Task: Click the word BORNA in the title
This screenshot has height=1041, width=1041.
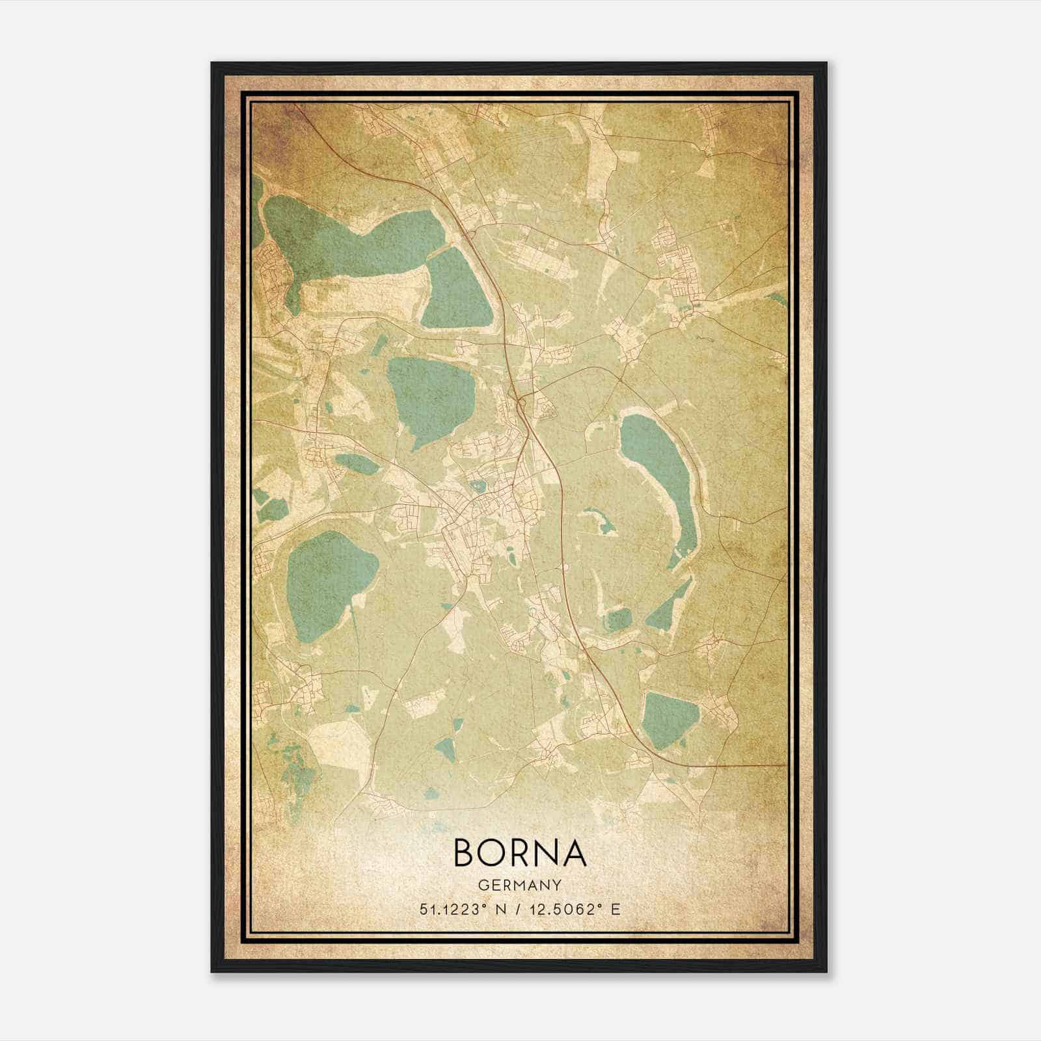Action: [519, 853]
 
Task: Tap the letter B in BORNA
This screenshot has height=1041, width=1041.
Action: [466, 853]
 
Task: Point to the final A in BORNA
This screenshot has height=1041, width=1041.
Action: [574, 853]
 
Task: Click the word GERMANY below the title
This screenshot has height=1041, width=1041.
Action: [519, 885]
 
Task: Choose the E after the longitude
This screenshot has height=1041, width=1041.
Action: [616, 909]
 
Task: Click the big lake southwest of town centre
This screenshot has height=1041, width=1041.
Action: [329, 579]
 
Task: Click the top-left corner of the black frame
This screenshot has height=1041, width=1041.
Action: [212, 63]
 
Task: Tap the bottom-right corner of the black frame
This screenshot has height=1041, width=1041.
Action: [826, 972]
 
